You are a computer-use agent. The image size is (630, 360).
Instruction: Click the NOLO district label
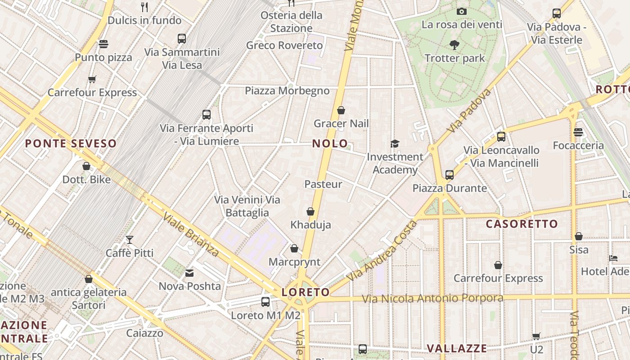[330, 144]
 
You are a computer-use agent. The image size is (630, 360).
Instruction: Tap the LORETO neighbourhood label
[306, 292]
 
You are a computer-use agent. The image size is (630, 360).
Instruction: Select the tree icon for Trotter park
[454, 45]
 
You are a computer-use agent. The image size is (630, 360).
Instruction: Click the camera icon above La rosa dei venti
[461, 11]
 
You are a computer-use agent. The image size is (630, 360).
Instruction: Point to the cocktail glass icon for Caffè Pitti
[130, 239]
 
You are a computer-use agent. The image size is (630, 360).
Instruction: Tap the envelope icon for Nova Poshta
[190, 273]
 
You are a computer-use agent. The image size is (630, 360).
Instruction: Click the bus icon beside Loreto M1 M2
[265, 302]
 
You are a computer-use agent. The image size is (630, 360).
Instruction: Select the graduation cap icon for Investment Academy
[395, 144]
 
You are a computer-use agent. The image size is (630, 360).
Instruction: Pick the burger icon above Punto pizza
[103, 44]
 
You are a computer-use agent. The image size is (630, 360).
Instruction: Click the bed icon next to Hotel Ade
[613, 258]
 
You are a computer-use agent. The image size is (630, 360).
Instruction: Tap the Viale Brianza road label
[191, 234]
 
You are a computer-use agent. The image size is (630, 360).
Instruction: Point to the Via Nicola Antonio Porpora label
[432, 298]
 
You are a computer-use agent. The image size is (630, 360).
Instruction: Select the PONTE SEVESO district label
[71, 144]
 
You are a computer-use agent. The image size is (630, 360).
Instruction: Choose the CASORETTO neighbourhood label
[522, 224]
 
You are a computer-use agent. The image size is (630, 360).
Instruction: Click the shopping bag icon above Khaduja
[310, 211]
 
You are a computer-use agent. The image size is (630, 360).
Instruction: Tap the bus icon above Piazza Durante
[449, 175]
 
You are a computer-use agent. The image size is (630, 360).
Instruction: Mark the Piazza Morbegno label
[287, 91]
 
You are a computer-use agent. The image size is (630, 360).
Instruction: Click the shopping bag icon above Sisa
[579, 236]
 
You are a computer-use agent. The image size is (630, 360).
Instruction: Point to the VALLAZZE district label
[456, 348]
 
